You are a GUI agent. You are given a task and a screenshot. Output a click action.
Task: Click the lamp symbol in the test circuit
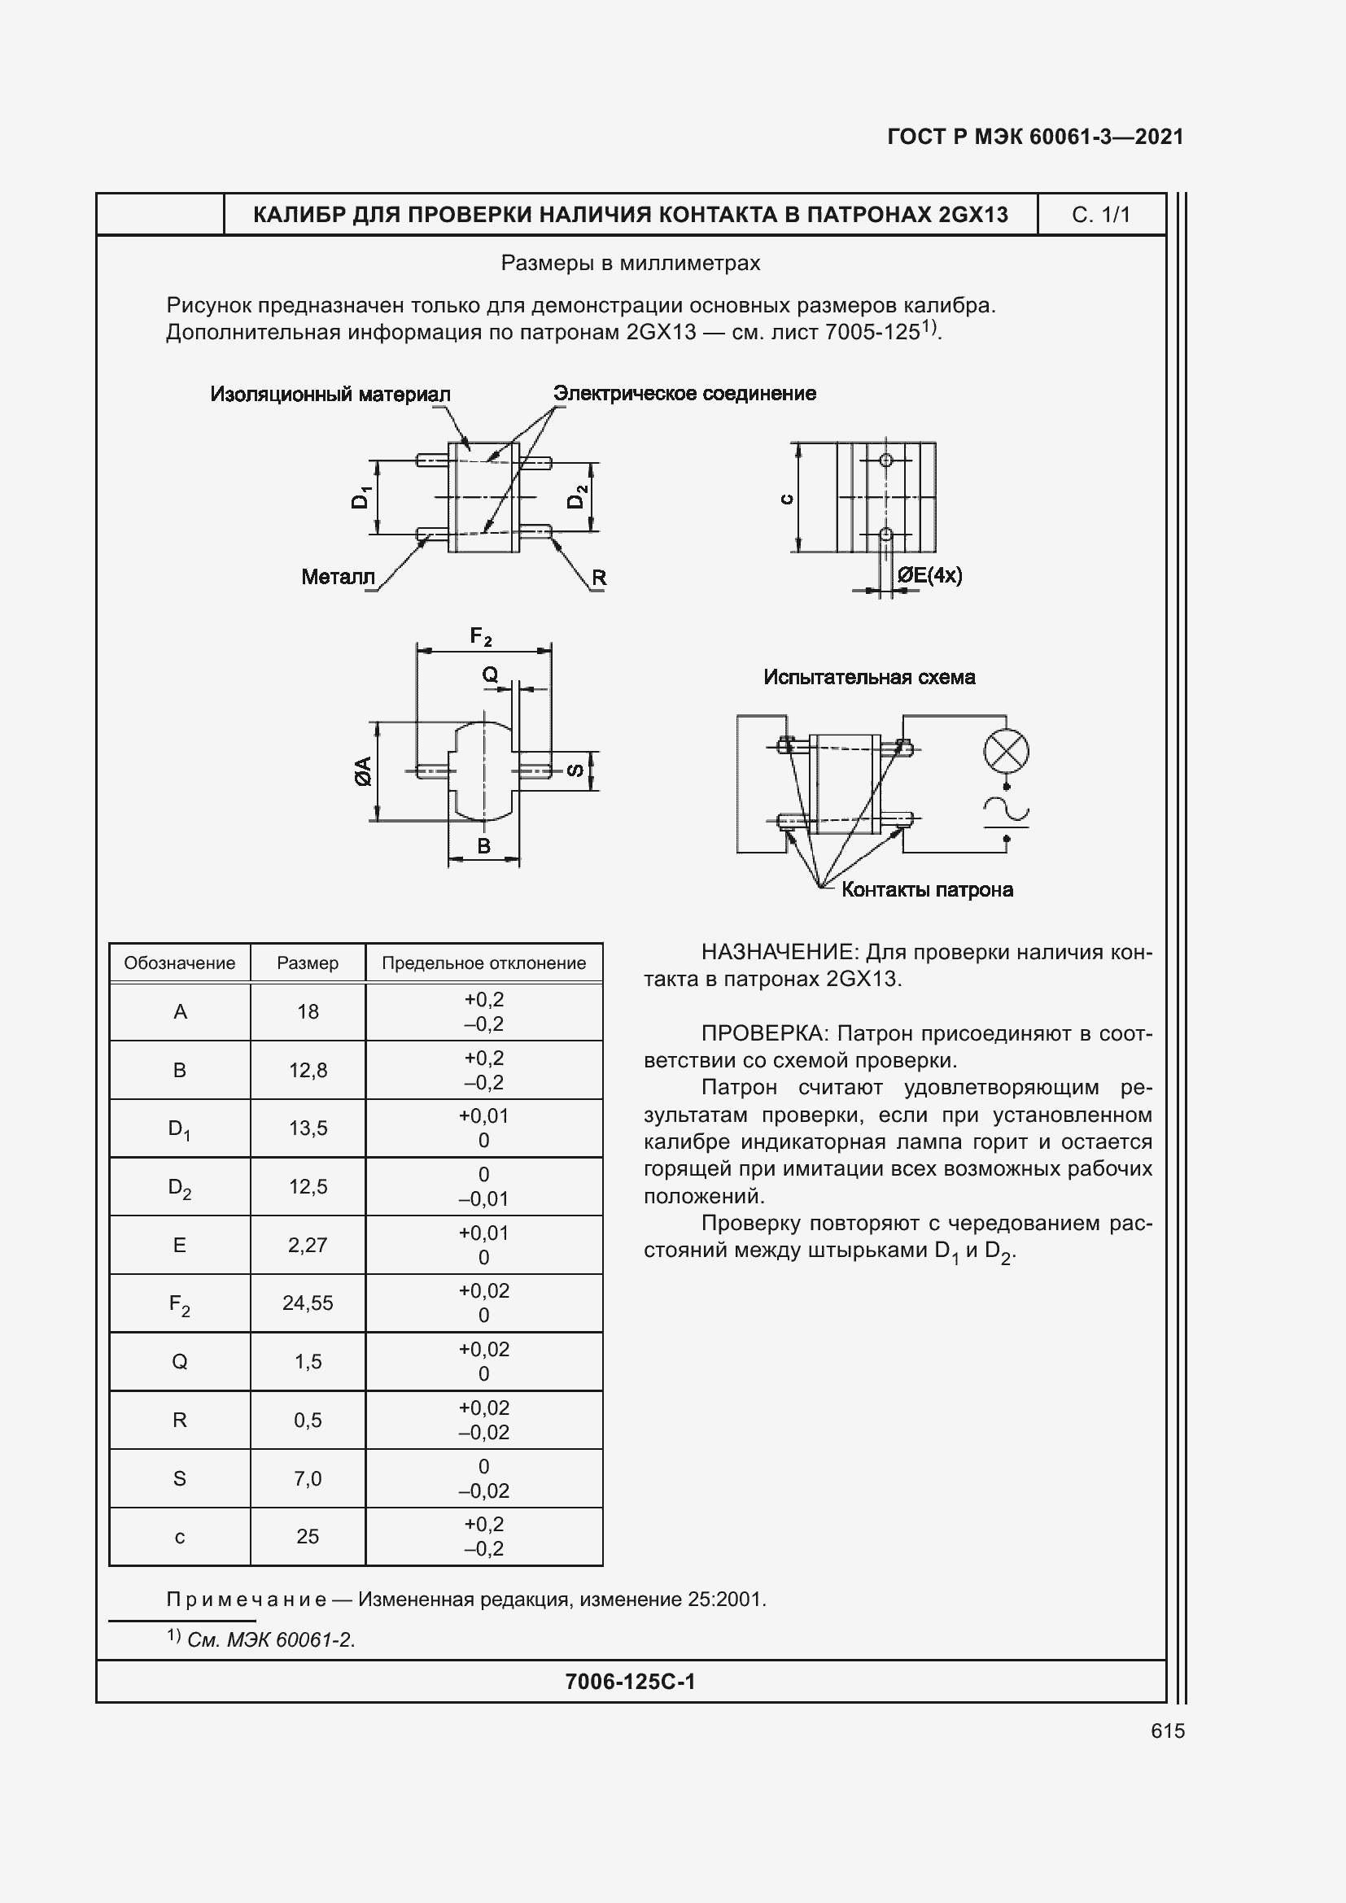pos(1006,753)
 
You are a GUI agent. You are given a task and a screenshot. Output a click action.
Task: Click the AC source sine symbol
pos(1006,810)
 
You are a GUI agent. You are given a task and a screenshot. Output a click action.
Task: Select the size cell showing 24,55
pos(308,1303)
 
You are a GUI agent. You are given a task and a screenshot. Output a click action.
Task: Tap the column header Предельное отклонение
pos(483,963)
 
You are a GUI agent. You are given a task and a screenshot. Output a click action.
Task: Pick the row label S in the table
pos(179,1478)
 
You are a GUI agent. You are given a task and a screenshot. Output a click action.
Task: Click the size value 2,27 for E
pos(308,1245)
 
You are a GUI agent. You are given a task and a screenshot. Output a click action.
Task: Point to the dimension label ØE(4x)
pos(930,575)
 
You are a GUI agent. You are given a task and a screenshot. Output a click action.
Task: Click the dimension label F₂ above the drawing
pos(481,636)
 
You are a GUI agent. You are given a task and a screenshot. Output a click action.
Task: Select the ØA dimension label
pos(363,770)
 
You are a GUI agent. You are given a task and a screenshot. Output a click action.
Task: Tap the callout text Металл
pos(339,577)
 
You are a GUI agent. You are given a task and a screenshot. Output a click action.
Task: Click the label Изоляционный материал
pos(330,395)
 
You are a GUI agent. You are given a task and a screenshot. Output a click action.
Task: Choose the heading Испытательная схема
pos(868,677)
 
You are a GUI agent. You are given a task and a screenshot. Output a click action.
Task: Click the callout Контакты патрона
pos(927,890)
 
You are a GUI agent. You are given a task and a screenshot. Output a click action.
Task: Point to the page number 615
pos(1167,1731)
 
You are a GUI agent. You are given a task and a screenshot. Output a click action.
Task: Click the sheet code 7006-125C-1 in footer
pos(630,1681)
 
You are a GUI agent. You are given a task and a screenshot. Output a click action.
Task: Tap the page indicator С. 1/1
pos(1101,215)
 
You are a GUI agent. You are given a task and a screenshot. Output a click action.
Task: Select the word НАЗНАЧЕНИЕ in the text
pos(764,952)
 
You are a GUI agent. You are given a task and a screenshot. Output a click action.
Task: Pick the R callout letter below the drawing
pos(598,578)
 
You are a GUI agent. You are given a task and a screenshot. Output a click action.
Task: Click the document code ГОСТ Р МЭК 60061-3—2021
pos(1035,137)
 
